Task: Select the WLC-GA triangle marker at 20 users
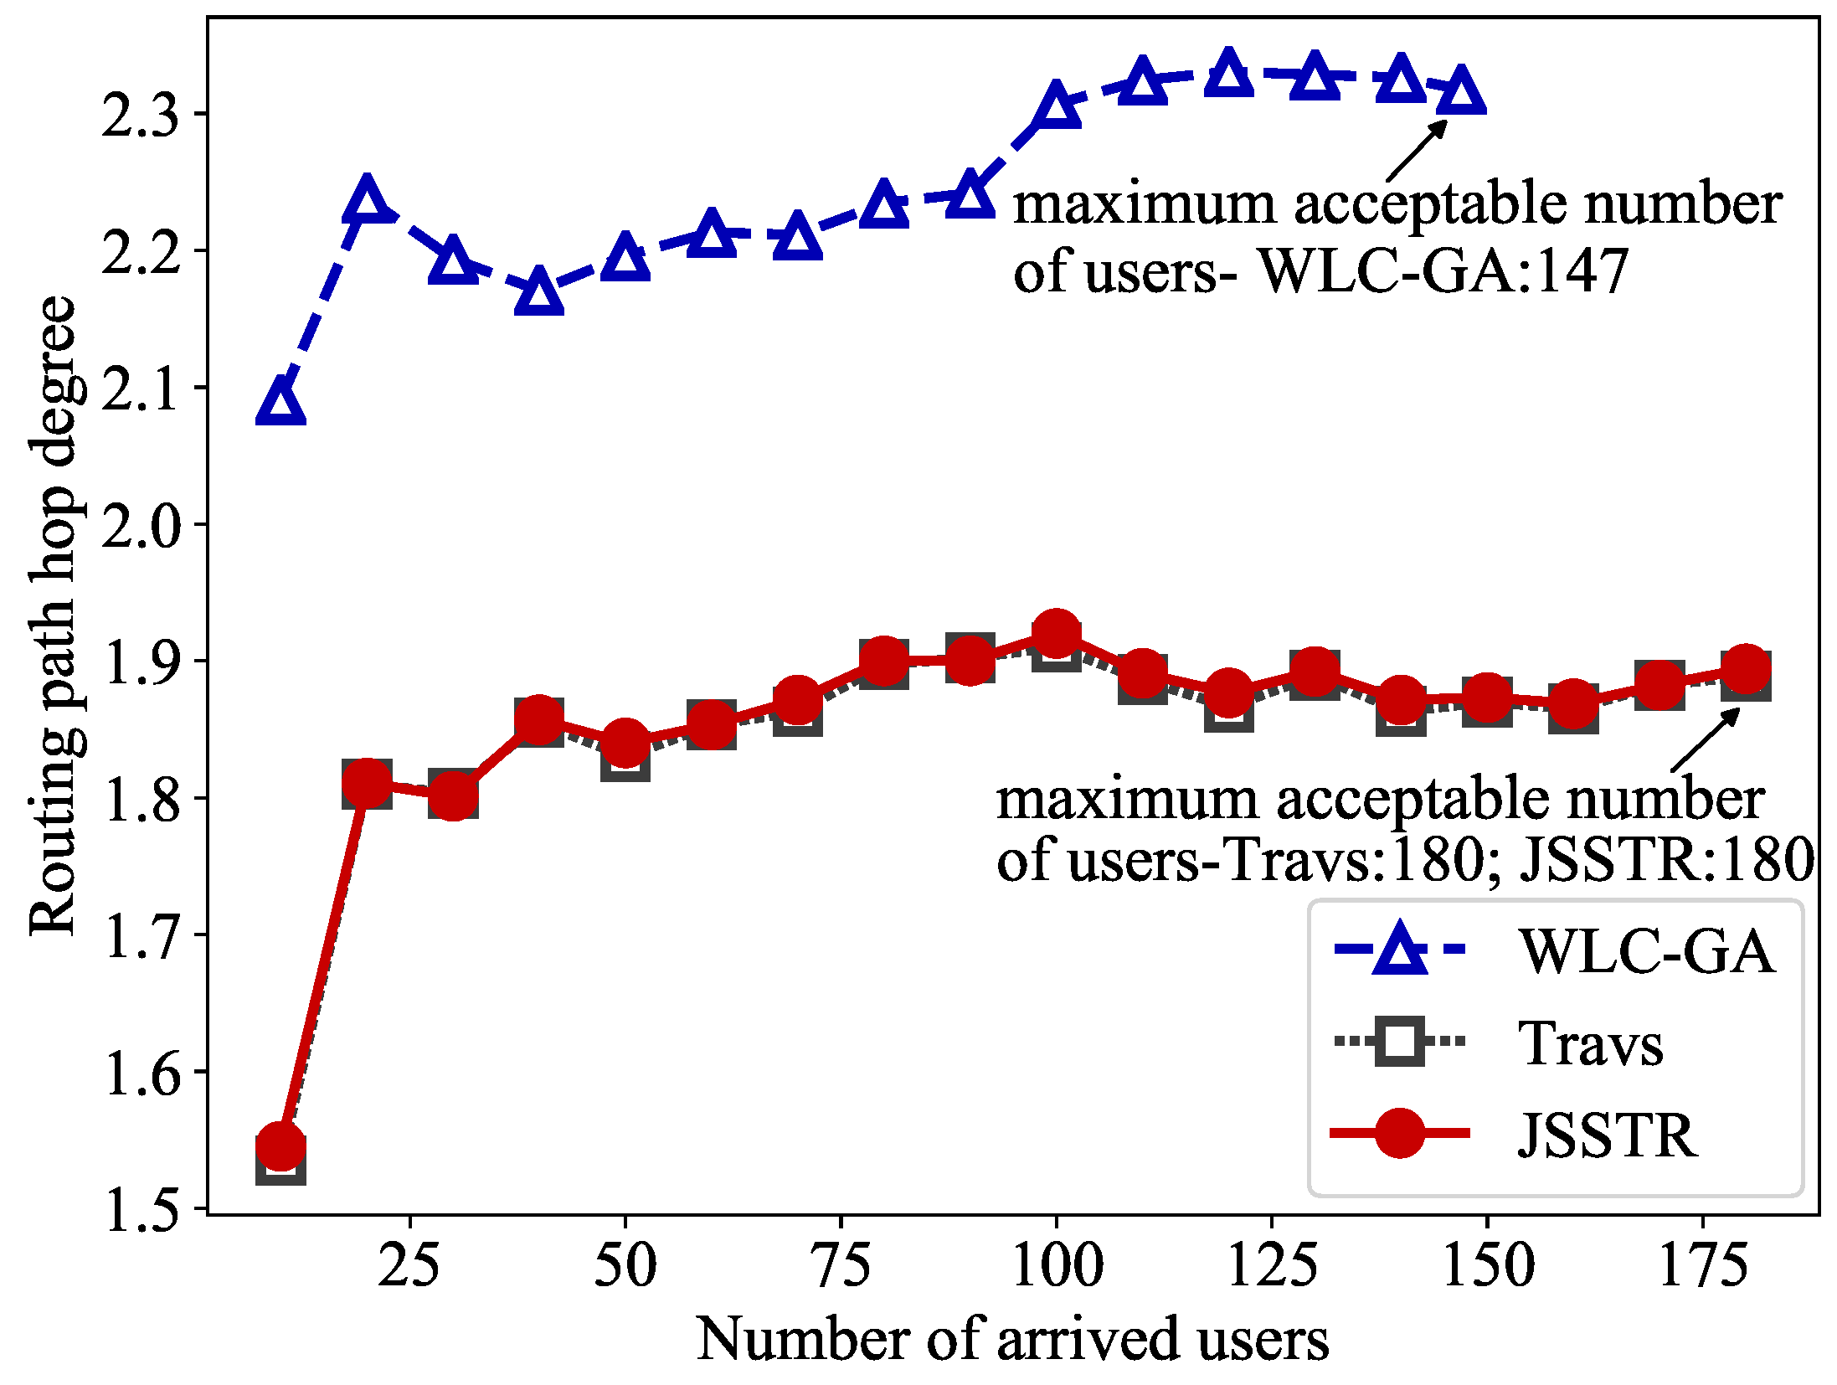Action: pos(367,201)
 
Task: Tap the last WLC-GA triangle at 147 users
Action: pos(1461,91)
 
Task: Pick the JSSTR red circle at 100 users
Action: pos(1056,634)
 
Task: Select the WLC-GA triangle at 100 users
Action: pos(1056,106)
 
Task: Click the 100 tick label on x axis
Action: pos(1057,1264)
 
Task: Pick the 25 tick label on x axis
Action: pos(409,1264)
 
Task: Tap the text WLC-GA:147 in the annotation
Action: pos(1443,272)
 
